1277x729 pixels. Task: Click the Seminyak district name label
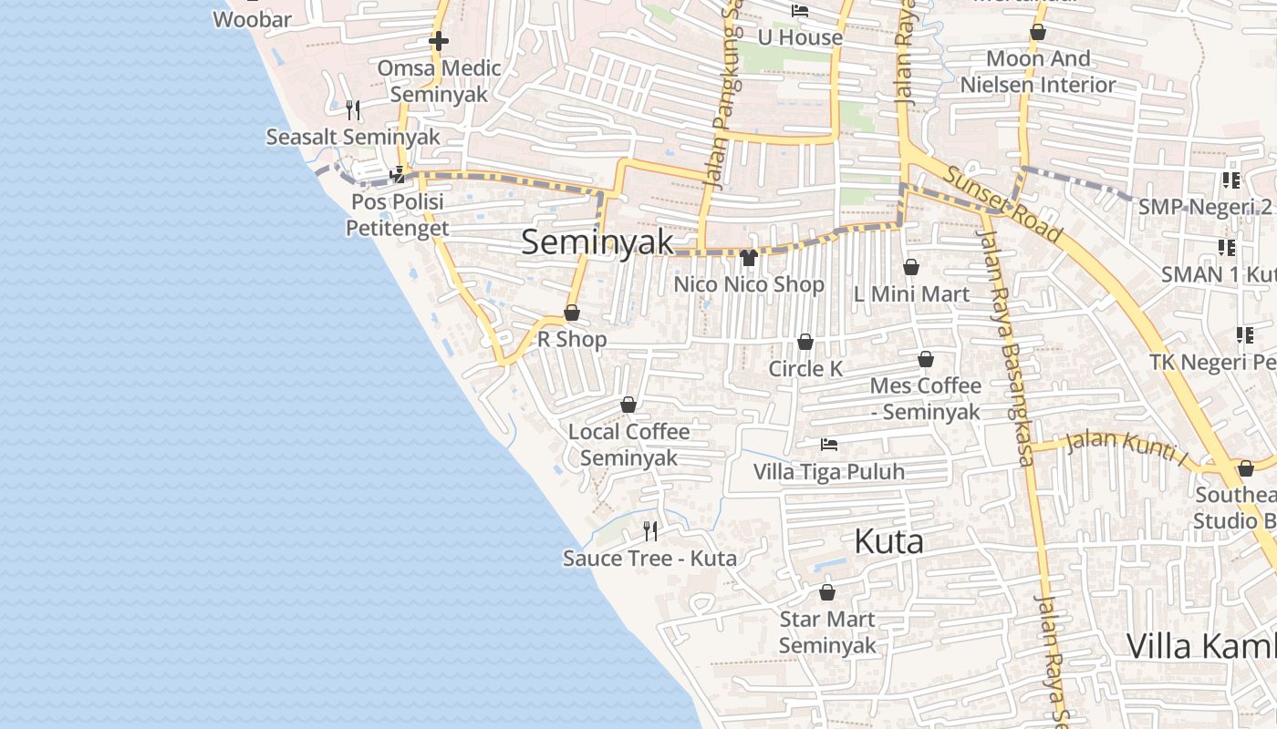click(597, 242)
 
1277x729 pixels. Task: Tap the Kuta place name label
click(888, 542)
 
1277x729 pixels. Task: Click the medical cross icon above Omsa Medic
click(439, 41)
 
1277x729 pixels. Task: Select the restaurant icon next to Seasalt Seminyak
click(353, 110)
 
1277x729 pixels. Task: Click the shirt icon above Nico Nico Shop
click(749, 258)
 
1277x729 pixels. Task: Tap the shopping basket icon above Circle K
click(805, 342)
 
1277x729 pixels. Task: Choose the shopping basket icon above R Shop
click(572, 313)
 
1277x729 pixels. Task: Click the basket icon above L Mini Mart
click(910, 267)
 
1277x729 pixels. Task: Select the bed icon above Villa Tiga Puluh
click(828, 445)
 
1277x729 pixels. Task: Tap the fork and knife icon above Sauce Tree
click(650, 530)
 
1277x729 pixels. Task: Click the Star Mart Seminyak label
click(827, 632)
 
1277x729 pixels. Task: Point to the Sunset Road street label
click(1003, 204)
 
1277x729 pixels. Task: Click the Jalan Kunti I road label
click(1126, 448)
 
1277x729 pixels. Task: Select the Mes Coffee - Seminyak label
click(925, 398)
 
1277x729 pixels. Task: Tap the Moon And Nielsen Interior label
click(1038, 71)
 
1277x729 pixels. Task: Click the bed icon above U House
click(800, 11)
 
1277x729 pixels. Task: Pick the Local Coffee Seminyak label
click(628, 444)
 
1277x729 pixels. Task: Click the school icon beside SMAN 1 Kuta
click(1227, 247)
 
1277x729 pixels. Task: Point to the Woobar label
click(252, 19)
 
